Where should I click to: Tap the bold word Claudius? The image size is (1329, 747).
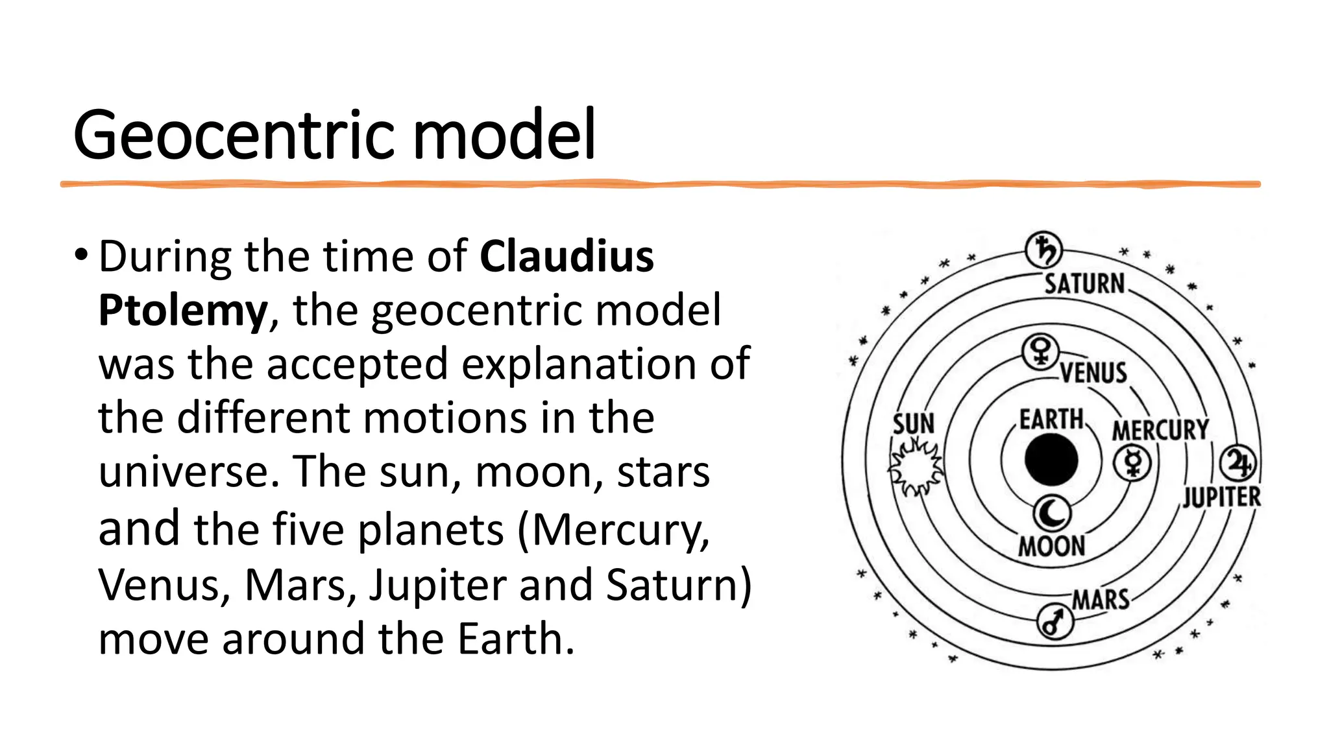(567, 257)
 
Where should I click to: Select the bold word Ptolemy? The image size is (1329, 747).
(182, 311)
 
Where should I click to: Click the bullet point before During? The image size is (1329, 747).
(80, 254)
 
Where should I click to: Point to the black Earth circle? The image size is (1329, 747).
(1051, 460)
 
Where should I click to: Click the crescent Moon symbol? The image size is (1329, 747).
(1052, 513)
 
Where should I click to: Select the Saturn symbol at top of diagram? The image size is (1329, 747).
(1043, 250)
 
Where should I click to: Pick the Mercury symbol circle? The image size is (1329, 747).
(1132, 462)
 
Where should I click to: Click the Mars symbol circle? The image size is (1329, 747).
(1055, 621)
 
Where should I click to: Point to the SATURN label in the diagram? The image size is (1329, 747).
(1084, 284)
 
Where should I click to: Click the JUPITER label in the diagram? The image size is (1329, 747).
(1221, 497)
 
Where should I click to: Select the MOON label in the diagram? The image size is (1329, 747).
(1052, 546)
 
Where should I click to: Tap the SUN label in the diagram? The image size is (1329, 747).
(913, 424)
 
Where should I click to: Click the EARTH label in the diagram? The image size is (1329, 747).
(1051, 420)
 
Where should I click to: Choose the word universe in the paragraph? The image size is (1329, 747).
(184, 471)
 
